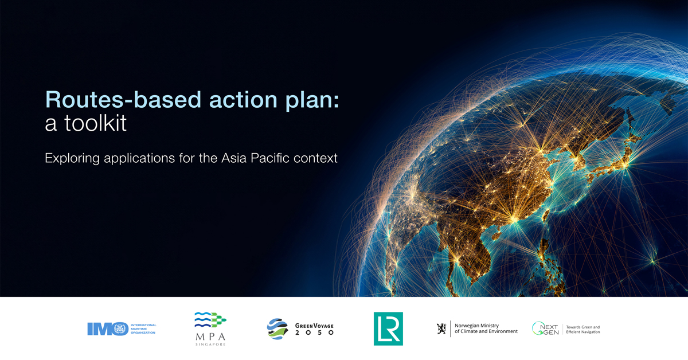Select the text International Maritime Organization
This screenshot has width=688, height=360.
point(143,328)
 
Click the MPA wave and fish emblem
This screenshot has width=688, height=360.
point(210,320)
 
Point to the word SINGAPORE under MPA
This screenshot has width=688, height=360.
point(210,345)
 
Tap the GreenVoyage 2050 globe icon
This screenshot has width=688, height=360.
point(277,328)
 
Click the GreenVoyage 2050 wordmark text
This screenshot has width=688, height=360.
point(314,328)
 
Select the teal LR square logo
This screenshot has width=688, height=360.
point(388,328)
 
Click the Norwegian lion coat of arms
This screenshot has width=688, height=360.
point(441,328)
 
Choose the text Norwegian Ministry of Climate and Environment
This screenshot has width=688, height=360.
point(486,328)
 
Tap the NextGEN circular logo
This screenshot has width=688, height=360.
point(545,328)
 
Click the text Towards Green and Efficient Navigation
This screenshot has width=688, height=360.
point(583,329)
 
